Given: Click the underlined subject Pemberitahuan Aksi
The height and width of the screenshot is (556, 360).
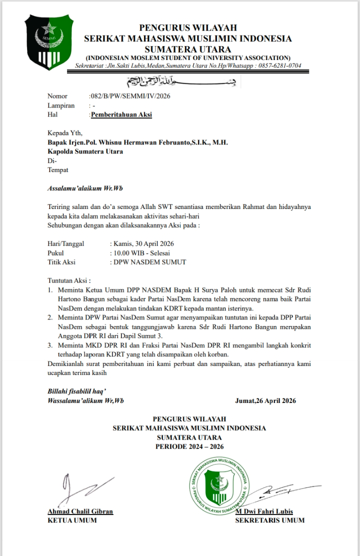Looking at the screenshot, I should click(121, 114).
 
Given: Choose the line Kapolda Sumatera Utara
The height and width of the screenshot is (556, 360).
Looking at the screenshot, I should click(85, 151).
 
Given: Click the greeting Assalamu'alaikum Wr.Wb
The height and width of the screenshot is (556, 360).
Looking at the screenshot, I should click(84, 188).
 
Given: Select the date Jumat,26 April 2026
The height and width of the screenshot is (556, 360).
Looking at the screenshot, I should click(265, 400).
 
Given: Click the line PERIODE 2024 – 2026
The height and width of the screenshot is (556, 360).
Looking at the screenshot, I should click(189, 446).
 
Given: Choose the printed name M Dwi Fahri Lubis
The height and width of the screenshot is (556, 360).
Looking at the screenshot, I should click(264, 511).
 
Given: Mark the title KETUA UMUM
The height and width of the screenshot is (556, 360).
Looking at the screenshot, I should click(72, 520).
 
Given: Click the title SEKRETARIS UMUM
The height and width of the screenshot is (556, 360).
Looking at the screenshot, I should click(269, 520).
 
